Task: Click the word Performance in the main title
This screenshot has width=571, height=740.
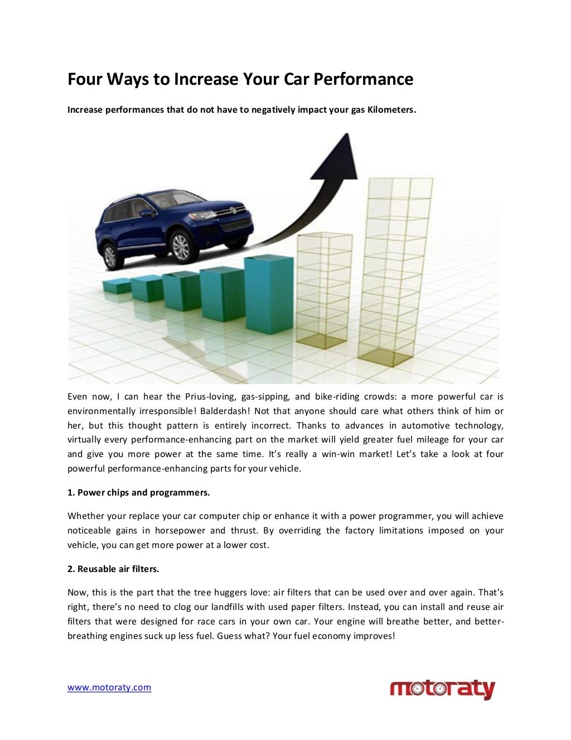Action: [363, 80]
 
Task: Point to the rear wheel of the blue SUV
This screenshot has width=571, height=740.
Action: [110, 256]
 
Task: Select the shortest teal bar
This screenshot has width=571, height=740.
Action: [117, 286]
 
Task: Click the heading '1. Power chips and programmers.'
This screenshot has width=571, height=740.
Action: [139, 492]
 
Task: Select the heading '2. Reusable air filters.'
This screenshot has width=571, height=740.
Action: [113, 569]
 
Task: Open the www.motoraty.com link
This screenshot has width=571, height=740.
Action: [109, 688]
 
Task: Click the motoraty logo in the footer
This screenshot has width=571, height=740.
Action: [442, 689]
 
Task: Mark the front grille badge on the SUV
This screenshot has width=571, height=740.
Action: [233, 210]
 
